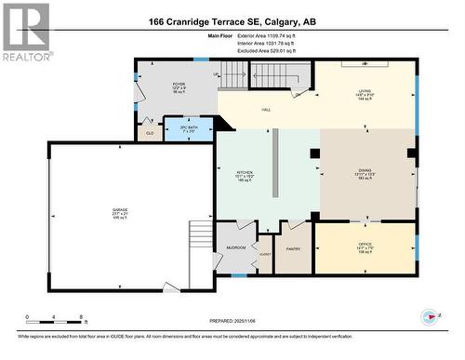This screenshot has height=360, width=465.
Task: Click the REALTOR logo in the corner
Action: click(25, 32)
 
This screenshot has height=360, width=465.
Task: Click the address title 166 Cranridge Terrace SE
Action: click(232, 21)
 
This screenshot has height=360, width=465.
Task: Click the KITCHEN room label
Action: click(243, 173)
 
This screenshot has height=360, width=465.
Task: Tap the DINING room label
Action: click(365, 173)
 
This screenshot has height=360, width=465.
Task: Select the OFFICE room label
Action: click(365, 246)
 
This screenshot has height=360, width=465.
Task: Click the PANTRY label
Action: click(293, 248)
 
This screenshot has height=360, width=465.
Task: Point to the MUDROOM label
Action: click(236, 247)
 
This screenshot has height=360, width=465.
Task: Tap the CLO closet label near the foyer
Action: click(149, 134)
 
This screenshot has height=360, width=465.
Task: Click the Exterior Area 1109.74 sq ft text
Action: click(265, 35)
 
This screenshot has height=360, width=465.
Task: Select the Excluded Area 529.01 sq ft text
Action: click(265, 51)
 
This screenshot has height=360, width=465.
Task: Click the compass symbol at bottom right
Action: click(429, 316)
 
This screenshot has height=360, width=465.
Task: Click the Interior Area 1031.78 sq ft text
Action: click(265, 44)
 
